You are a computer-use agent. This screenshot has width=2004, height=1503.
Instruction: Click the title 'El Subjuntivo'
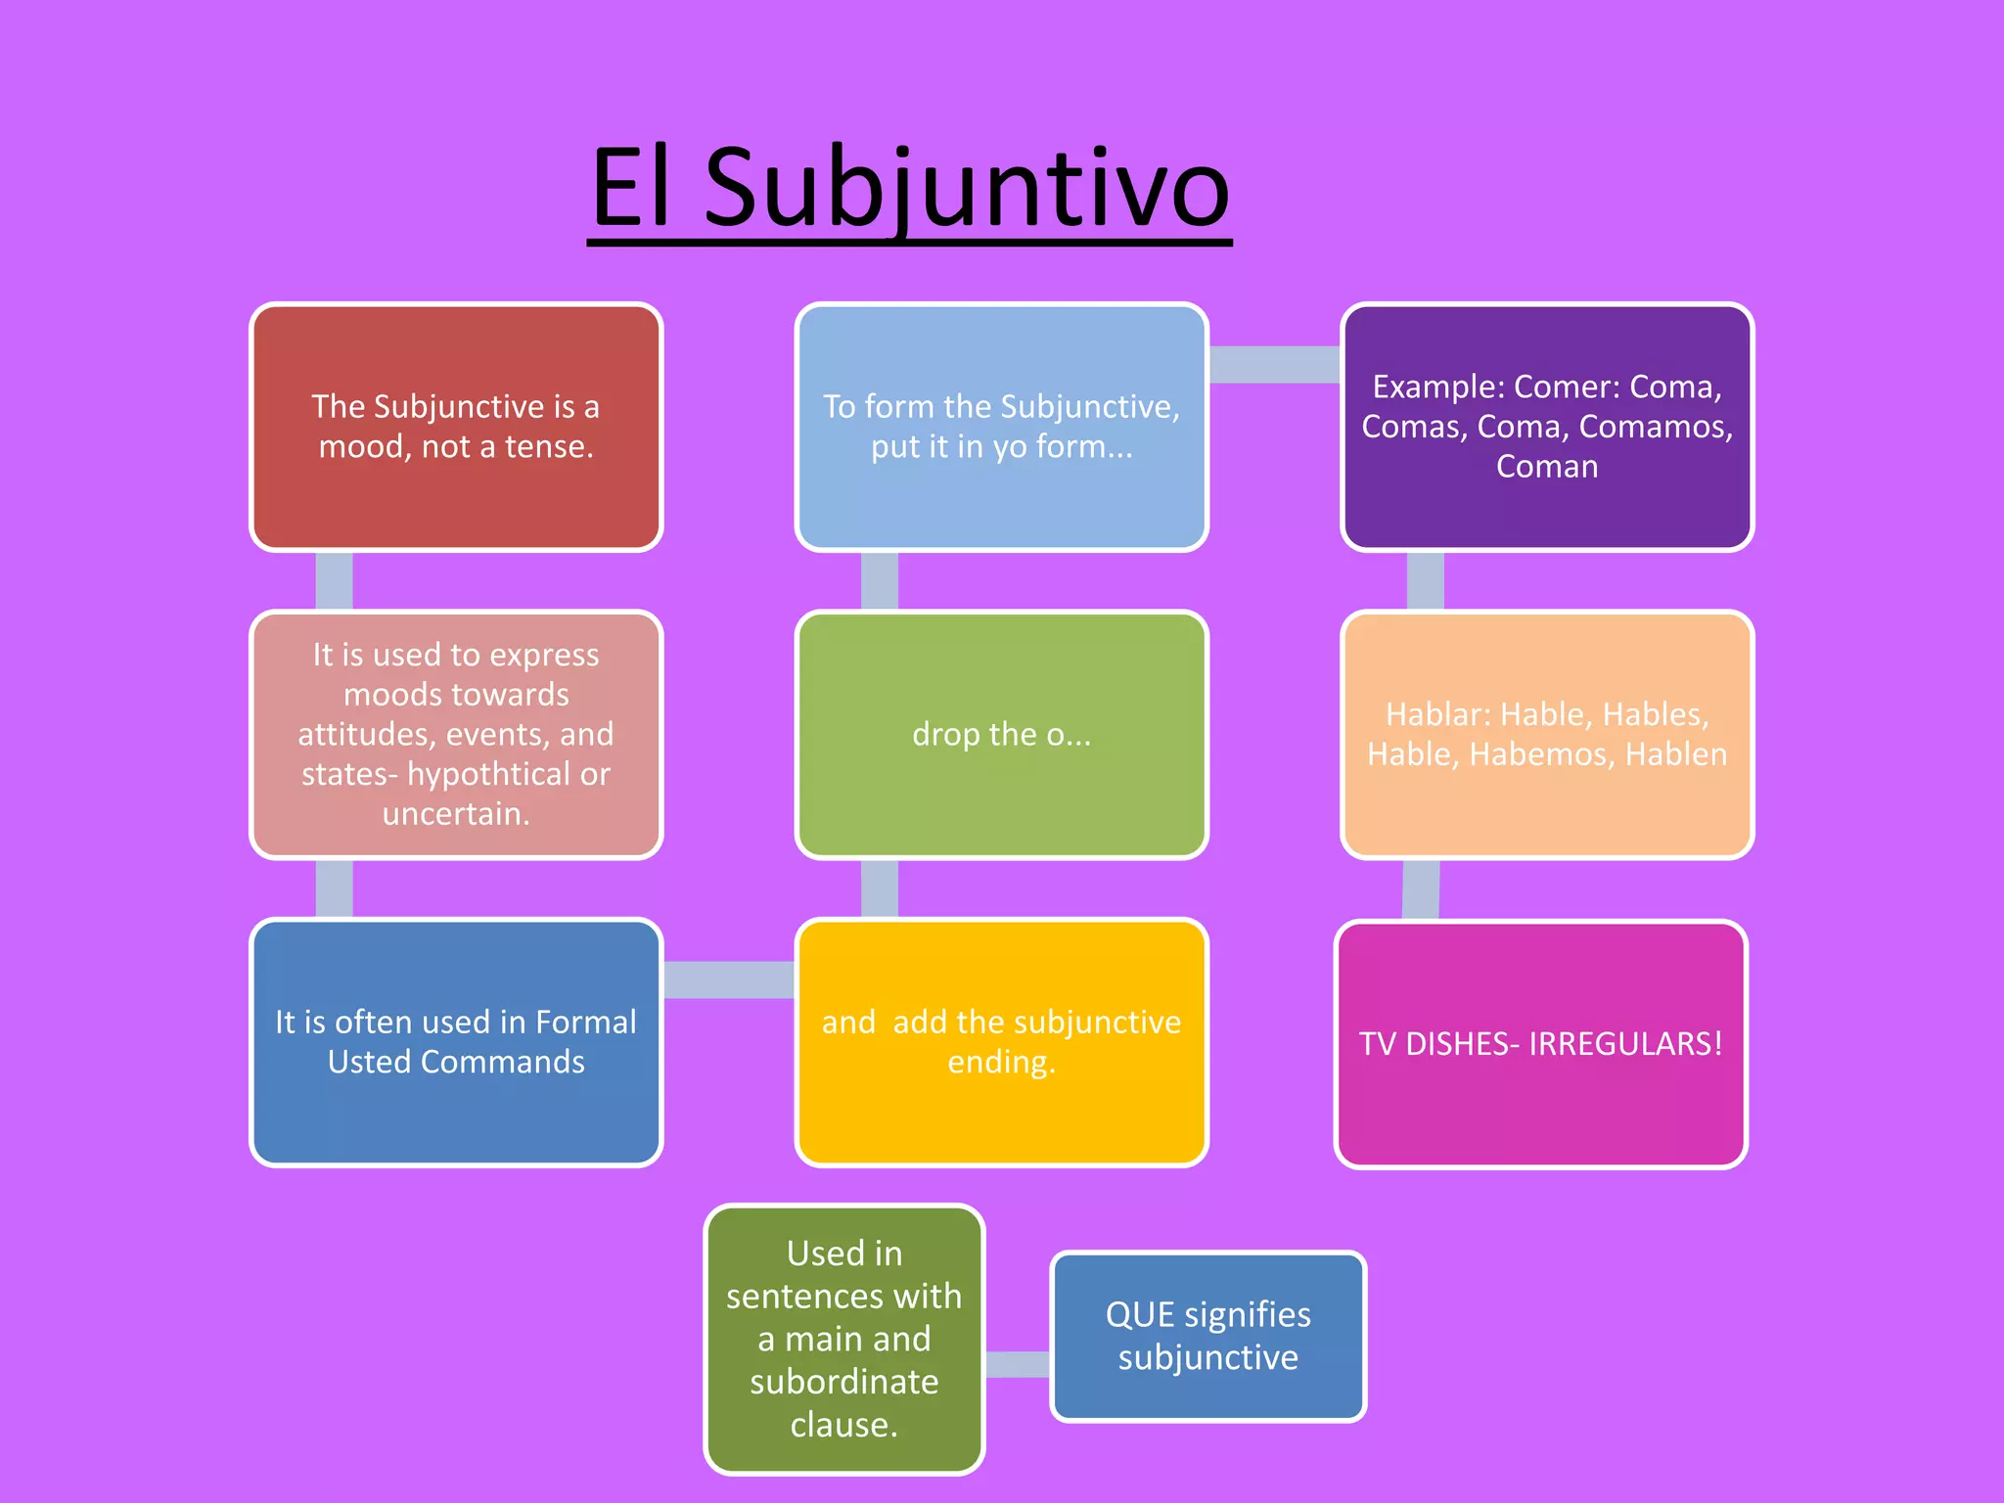[910, 188]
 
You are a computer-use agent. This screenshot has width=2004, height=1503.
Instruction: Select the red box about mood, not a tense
[456, 427]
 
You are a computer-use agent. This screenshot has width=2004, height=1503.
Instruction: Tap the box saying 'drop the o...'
[1001, 734]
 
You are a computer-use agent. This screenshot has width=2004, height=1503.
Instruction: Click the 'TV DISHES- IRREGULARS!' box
[1540, 1044]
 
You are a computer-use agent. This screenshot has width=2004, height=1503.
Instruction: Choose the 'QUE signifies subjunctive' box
[1207, 1336]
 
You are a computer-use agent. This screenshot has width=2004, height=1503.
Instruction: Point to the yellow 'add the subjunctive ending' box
[1001, 1042]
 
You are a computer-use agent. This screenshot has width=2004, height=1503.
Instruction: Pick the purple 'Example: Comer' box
[1546, 427]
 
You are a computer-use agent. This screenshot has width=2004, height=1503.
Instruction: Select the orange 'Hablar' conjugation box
[1546, 734]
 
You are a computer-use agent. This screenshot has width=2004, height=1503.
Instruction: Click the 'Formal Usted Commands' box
[456, 1042]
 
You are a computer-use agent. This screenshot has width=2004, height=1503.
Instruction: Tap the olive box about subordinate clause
[843, 1339]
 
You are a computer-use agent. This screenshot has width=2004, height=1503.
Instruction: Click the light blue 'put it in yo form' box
[1001, 427]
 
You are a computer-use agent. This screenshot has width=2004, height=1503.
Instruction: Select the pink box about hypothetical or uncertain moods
[456, 734]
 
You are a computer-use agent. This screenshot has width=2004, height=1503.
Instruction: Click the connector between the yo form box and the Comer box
[1274, 365]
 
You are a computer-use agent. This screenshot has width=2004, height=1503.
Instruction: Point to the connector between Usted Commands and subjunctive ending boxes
[729, 979]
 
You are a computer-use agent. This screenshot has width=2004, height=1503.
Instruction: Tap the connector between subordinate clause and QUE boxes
[1018, 1364]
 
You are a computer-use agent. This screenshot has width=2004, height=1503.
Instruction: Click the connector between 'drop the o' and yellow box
[879, 888]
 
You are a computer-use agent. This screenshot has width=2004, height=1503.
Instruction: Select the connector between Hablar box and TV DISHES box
[1421, 889]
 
